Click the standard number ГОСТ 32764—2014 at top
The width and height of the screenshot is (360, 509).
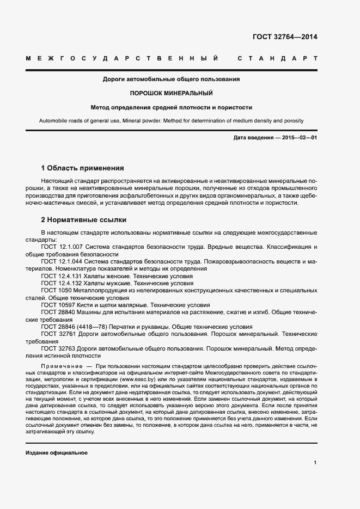click(285, 37)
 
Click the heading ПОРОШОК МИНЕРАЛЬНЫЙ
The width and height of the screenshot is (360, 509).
click(171, 93)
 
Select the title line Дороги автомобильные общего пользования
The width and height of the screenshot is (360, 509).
click(171, 79)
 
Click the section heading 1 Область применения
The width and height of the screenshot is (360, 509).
click(83, 168)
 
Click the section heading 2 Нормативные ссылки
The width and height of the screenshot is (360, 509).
click(84, 220)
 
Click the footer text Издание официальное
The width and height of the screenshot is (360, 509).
click(56, 453)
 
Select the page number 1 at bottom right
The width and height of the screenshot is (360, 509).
click(315, 463)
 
